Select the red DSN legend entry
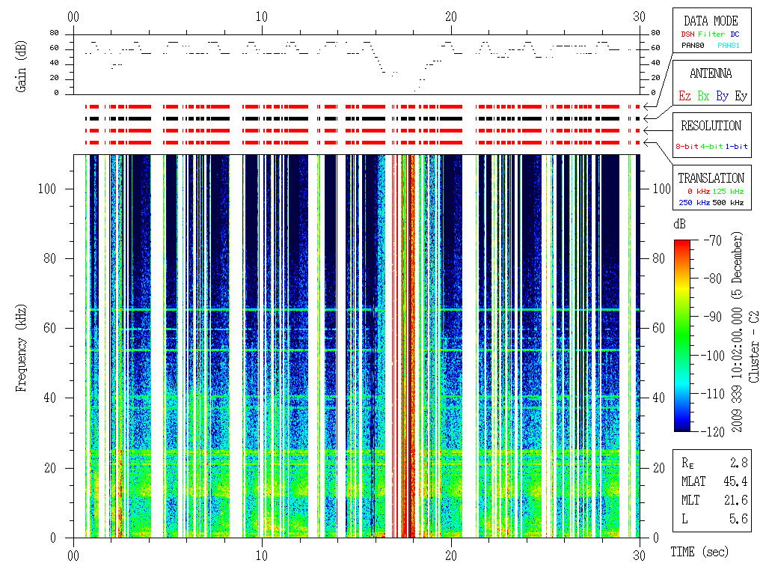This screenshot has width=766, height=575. (x=687, y=34)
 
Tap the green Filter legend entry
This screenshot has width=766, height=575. (x=711, y=34)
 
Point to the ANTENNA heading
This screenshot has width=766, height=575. (x=710, y=73)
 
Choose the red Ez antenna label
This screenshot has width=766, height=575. (x=684, y=96)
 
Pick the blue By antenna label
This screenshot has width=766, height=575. (x=722, y=96)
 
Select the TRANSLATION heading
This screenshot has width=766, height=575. (x=711, y=178)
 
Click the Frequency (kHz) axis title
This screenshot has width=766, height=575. (x=23, y=345)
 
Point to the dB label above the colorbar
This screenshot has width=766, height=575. (x=679, y=225)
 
